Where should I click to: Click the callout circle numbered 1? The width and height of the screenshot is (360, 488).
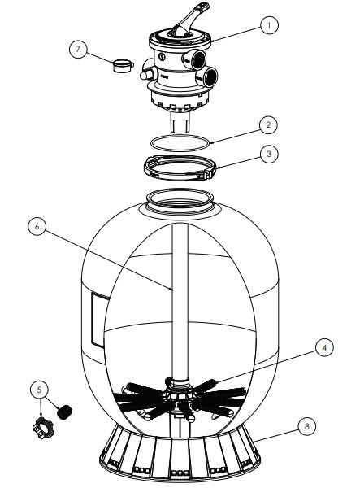(x=269, y=25)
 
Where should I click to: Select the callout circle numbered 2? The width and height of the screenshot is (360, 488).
(x=268, y=125)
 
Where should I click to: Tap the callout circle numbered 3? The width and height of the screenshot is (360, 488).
(x=269, y=154)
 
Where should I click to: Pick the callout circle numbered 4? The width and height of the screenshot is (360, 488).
(x=324, y=347)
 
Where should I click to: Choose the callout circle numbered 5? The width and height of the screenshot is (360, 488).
(x=40, y=390)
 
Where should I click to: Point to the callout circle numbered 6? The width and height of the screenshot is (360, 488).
(x=37, y=226)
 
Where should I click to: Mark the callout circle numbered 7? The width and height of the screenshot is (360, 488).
(x=78, y=49)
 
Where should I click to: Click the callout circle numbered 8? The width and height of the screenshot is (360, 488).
(x=307, y=426)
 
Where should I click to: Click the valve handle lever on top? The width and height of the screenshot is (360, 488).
(x=190, y=19)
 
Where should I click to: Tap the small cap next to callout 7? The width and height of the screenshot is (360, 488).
(x=123, y=66)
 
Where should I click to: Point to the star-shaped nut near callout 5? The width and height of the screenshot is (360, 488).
(x=43, y=428)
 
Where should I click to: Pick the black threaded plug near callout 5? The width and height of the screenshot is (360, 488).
(x=65, y=412)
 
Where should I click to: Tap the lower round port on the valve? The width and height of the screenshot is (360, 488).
(x=208, y=77)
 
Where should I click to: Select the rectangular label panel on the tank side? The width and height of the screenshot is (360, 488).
(x=98, y=320)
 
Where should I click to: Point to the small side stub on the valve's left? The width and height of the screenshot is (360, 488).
(x=146, y=74)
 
